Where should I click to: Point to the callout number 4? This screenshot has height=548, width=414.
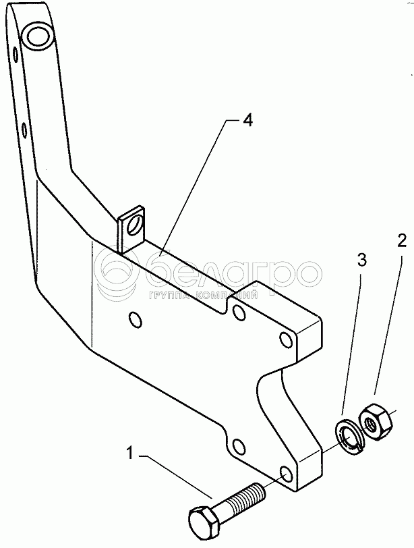[x=248, y=121]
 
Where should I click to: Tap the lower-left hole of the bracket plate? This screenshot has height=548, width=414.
[x=237, y=445]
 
